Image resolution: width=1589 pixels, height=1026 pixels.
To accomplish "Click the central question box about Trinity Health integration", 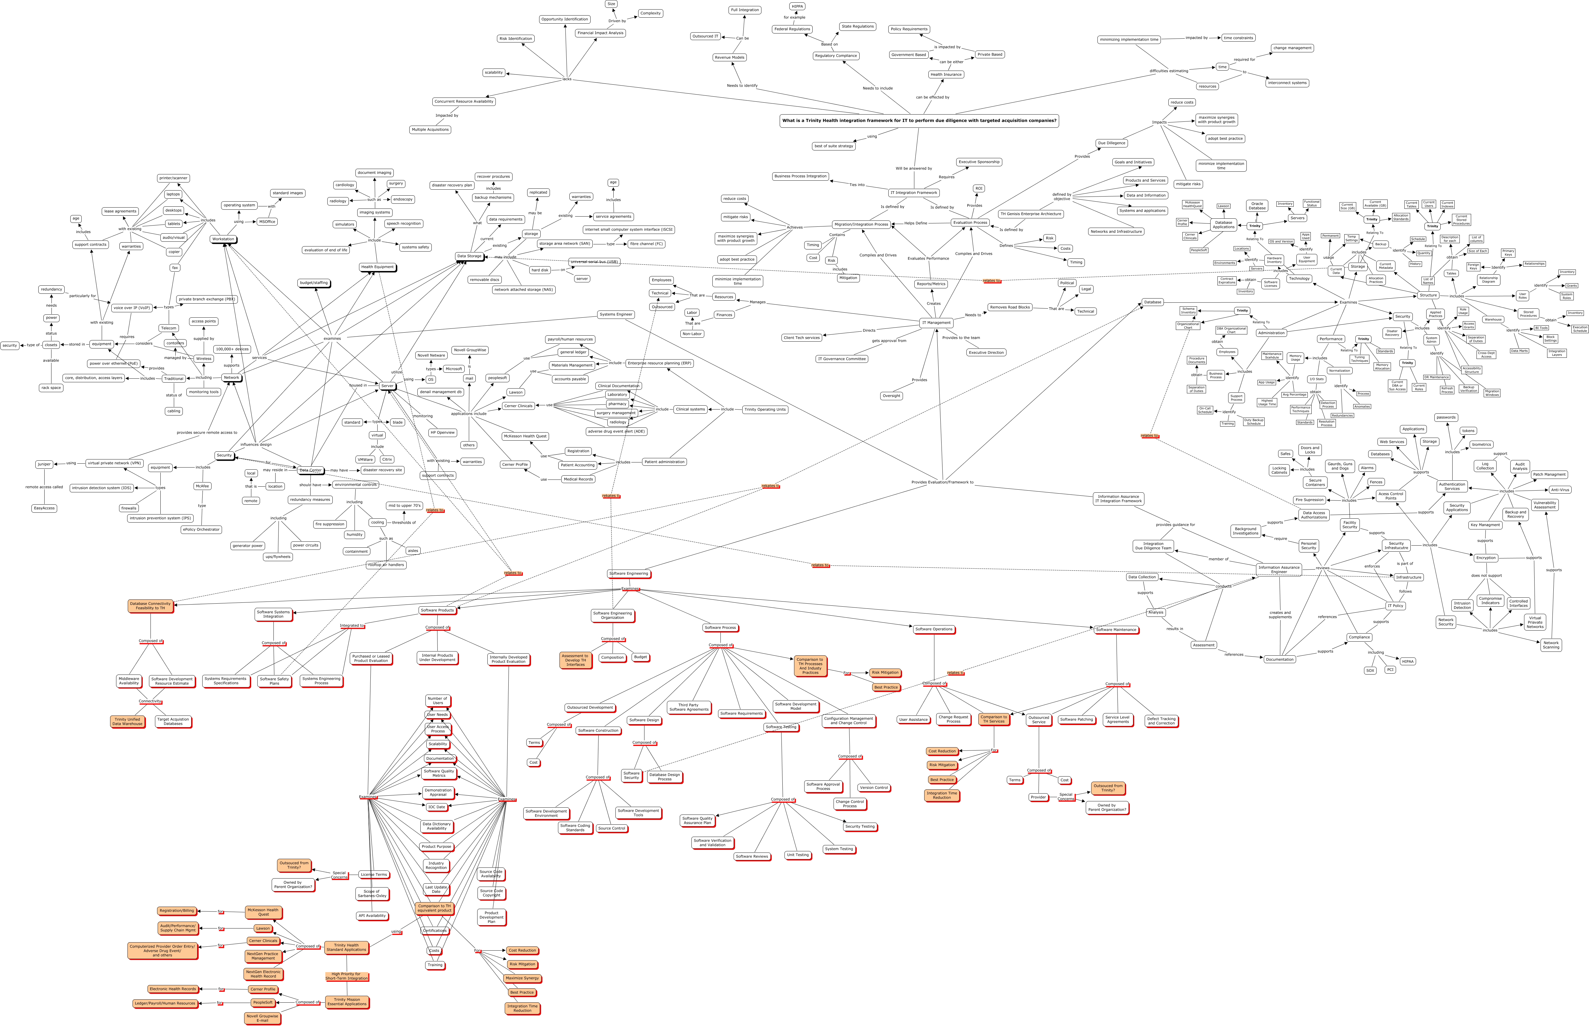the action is coord(919,121).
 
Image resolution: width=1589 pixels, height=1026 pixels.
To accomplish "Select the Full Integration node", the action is coord(744,10).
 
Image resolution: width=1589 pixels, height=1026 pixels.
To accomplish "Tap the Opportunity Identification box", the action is coord(564,19).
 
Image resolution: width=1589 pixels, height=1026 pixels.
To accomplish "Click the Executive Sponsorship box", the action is coord(979,162).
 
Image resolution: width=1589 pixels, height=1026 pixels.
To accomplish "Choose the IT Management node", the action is coord(936,322).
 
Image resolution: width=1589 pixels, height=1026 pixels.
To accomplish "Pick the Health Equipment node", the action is coord(377,267).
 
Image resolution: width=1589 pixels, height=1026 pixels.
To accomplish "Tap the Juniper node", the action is coord(44,464).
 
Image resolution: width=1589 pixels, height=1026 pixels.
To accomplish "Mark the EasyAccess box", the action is coord(44,508).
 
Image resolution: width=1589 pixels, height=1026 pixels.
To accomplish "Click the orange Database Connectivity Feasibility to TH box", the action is coord(150,606).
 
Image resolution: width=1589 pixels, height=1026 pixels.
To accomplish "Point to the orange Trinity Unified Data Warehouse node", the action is coord(127,721).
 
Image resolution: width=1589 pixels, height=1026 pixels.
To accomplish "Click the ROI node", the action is coord(979,188).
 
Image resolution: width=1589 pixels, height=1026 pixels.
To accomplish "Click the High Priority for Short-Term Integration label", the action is coord(346,976).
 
